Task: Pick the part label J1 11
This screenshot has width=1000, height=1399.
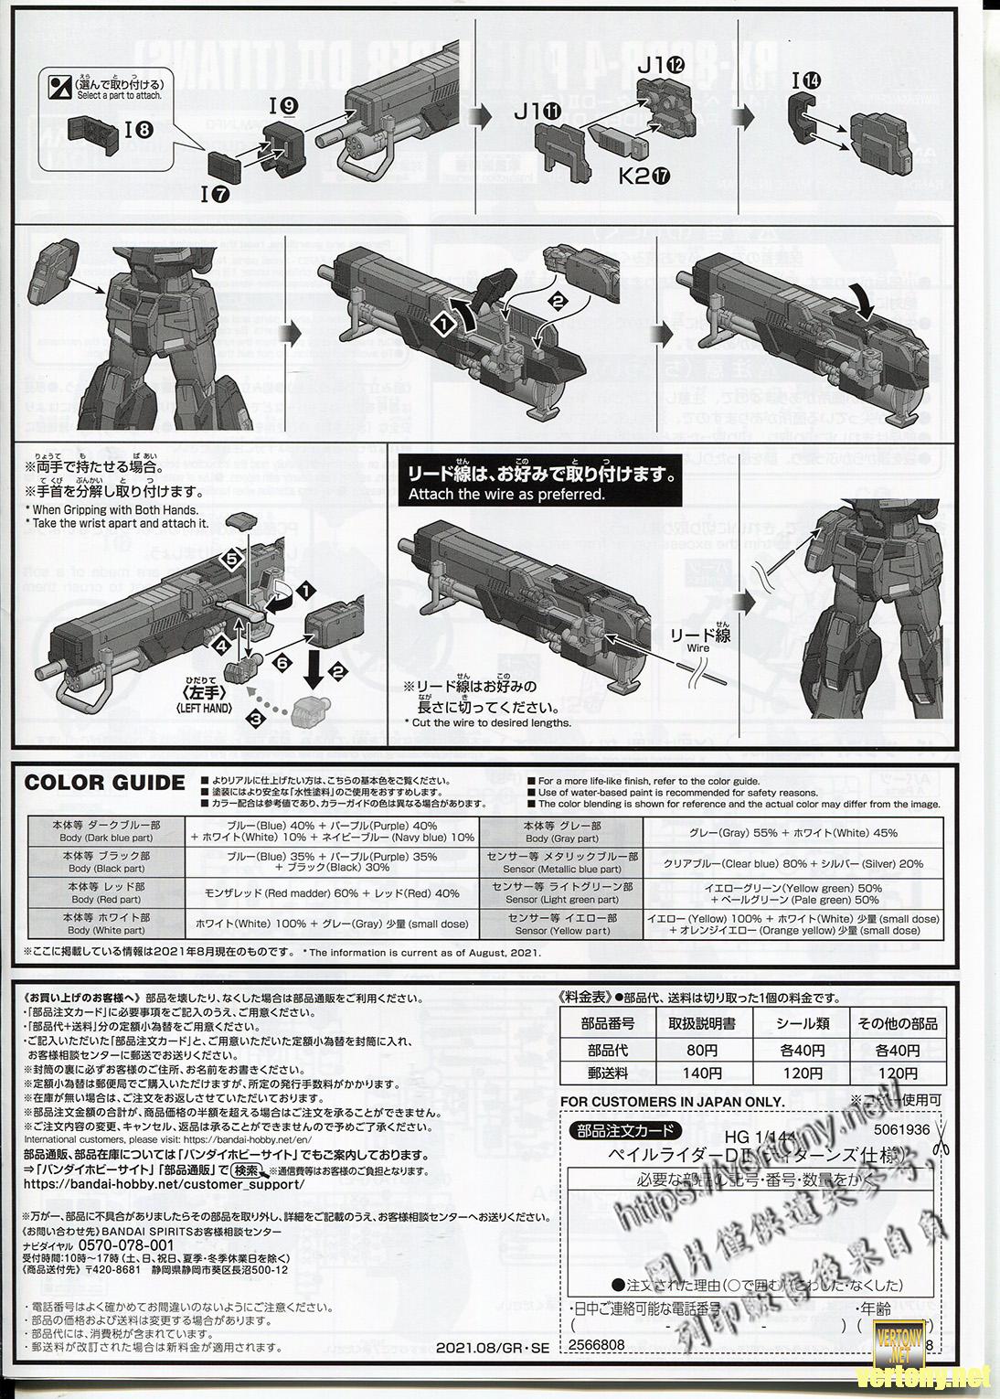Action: [539, 112]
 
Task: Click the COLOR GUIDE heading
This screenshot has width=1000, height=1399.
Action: [104, 783]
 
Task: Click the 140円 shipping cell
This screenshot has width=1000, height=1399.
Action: [701, 1073]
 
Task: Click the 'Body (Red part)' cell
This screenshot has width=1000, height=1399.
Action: [106, 893]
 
